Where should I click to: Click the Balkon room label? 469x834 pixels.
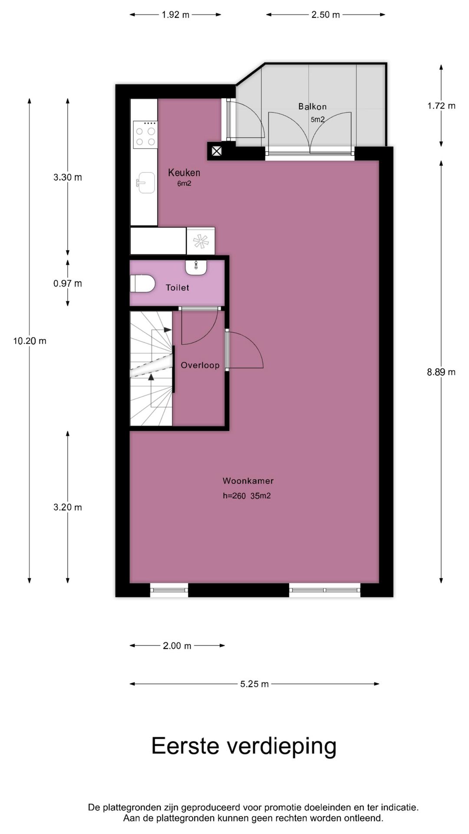pyautogui.click(x=312, y=106)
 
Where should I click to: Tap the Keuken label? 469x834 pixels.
pyautogui.click(x=184, y=172)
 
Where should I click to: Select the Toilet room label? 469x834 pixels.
pyautogui.click(x=177, y=288)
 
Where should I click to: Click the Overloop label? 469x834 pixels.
pyautogui.click(x=200, y=365)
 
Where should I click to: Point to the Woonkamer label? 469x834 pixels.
pyautogui.click(x=248, y=481)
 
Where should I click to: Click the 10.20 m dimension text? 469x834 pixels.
pyautogui.click(x=30, y=341)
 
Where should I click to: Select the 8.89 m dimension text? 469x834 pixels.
pyautogui.click(x=441, y=372)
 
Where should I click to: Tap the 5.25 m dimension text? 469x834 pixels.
pyautogui.click(x=254, y=684)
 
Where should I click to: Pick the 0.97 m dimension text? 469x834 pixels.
pyautogui.click(x=67, y=284)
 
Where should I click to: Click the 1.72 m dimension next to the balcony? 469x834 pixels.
pyautogui.click(x=441, y=106)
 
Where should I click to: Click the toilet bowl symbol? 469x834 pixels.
pyautogui.click(x=142, y=284)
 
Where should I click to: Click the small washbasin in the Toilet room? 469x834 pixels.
pyautogui.click(x=196, y=267)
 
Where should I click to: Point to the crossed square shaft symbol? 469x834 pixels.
pyautogui.click(x=216, y=151)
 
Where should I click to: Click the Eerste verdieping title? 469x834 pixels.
pyautogui.click(x=244, y=746)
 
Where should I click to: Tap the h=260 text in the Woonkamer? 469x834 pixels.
pyautogui.click(x=234, y=496)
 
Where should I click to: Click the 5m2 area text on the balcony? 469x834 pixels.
pyautogui.click(x=317, y=119)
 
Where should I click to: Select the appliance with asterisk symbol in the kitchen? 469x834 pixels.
pyautogui.click(x=201, y=242)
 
